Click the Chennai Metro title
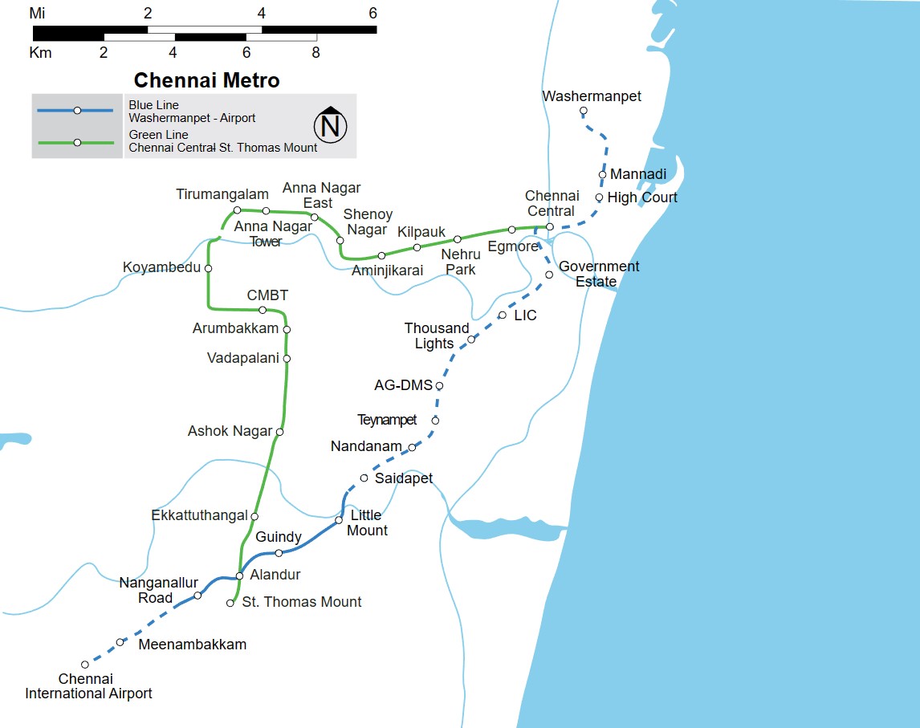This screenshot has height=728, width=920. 206,81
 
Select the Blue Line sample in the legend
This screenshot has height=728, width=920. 77,110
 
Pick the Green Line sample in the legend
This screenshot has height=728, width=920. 77,143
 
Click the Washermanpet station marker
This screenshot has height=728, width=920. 584,111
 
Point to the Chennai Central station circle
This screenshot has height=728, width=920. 550,227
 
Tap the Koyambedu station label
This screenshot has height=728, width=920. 161,267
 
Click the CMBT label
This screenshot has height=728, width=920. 267,296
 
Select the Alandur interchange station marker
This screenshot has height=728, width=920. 239,575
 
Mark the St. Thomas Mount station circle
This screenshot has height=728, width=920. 230,603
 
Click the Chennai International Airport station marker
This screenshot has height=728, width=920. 85,665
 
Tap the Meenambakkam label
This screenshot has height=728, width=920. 193,645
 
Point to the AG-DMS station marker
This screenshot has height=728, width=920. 439,386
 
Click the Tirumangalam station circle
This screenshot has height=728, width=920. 237,210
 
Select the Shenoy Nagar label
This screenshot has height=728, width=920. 368,222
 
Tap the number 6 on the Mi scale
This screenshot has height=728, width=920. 372,13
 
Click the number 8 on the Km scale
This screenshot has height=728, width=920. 315,53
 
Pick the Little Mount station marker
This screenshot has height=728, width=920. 339,521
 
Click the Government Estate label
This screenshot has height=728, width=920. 599,274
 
